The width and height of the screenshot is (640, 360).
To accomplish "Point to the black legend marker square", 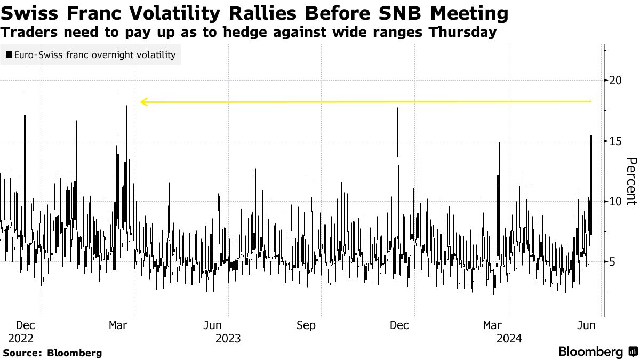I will (9, 55).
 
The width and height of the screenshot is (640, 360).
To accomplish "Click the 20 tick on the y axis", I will (615, 80).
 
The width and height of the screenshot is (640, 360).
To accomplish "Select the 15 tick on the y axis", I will (615, 141).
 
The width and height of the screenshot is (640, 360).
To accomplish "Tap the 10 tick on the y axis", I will (615, 201).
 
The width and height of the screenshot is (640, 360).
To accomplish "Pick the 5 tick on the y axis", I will (613, 262).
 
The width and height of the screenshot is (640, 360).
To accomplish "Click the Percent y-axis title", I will (631, 181).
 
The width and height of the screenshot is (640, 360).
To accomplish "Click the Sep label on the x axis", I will (306, 325).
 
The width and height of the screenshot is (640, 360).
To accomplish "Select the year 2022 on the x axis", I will (21, 338).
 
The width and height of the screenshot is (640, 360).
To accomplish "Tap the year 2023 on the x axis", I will (228, 338).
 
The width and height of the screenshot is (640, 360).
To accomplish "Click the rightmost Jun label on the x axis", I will (587, 325).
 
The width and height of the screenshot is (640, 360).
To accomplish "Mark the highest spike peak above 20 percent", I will (26, 67).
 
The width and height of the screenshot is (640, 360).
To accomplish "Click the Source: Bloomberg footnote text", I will (52, 353).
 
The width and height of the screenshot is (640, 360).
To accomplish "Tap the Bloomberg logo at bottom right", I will (597, 352).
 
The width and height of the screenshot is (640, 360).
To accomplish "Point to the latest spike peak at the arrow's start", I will (591, 102).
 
